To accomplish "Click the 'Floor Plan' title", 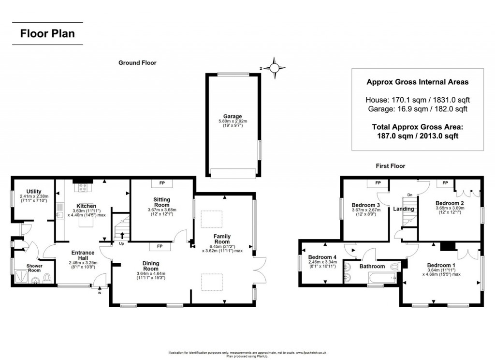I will pos(47,34).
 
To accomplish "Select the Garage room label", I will pos(232,117).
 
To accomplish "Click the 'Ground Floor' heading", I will pos(138,63).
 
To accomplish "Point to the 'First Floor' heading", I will pos(391,166).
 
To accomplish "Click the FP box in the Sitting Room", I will pos(162,183).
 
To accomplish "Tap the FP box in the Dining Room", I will pos(159,247).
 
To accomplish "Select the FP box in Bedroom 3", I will pos(378,183).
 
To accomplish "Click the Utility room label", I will pos(33,192).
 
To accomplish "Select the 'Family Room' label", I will pos(222,239).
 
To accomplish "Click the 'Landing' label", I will pos(404,209).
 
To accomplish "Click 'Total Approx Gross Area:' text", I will pos(417,127).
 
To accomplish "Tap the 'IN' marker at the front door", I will pos(100,293).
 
